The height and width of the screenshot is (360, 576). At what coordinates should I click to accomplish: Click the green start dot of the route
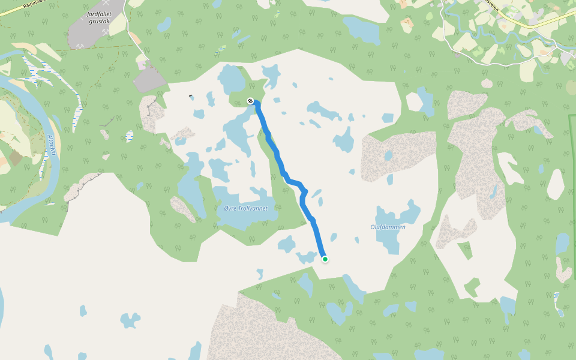pyautogui.click(x=325, y=259)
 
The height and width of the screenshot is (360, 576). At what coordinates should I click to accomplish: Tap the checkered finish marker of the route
pyautogui.click(x=250, y=101)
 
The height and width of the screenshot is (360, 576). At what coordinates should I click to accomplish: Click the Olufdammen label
pyautogui.click(x=388, y=227)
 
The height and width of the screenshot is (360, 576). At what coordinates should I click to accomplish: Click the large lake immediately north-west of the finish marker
pyautogui.click(x=230, y=79)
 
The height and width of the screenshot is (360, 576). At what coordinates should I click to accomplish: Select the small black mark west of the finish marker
pyautogui.click(x=191, y=96)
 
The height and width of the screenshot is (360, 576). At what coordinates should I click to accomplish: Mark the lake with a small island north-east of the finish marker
pyautogui.click(x=271, y=75)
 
